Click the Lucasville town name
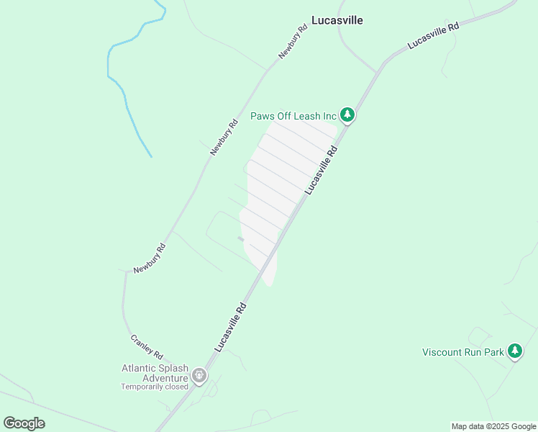click(x=337, y=20)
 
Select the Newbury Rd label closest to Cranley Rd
click(x=150, y=258)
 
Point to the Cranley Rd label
click(x=147, y=347)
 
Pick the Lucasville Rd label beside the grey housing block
click(x=321, y=170)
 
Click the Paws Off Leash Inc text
click(x=293, y=116)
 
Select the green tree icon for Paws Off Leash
click(x=347, y=114)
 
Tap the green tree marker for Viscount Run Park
click(x=514, y=351)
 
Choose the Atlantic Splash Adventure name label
click(x=155, y=373)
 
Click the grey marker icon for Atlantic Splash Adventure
click(x=199, y=375)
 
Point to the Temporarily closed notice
click(x=154, y=387)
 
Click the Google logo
click(x=24, y=423)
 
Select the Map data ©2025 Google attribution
click(x=494, y=426)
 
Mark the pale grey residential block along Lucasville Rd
click(x=281, y=187)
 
